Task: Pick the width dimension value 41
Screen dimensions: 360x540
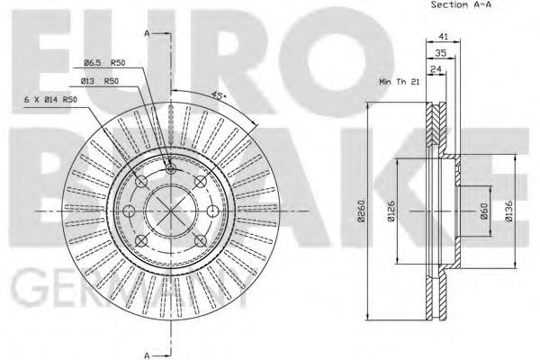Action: [441, 36]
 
